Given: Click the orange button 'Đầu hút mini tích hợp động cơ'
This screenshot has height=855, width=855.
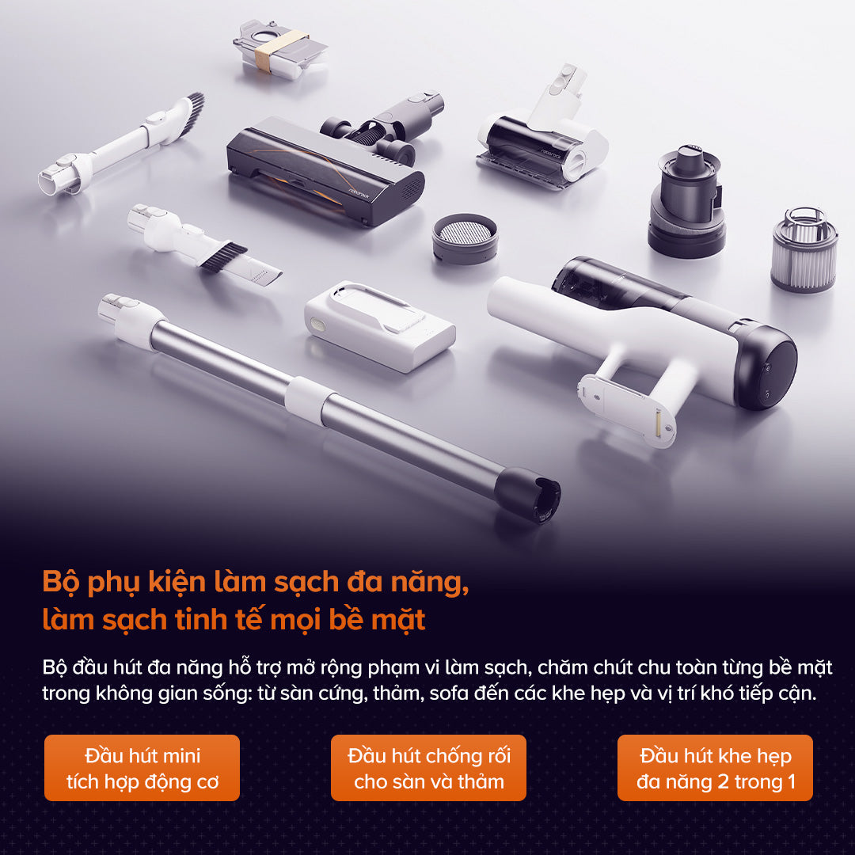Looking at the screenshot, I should pyautogui.click(x=142, y=768).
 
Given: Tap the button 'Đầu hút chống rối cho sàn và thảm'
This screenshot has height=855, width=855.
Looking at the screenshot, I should pyautogui.click(x=428, y=768).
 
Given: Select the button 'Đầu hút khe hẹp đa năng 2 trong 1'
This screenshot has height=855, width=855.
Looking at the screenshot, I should pyautogui.click(x=715, y=768).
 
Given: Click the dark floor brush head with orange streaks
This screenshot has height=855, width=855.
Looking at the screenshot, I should pyautogui.click(x=325, y=170).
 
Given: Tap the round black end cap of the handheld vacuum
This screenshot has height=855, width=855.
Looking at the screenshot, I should pyautogui.click(x=766, y=369).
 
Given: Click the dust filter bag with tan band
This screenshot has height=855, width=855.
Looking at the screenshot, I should pyautogui.click(x=279, y=48).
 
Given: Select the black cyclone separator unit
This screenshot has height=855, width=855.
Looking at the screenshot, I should pyautogui.click(x=686, y=198).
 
